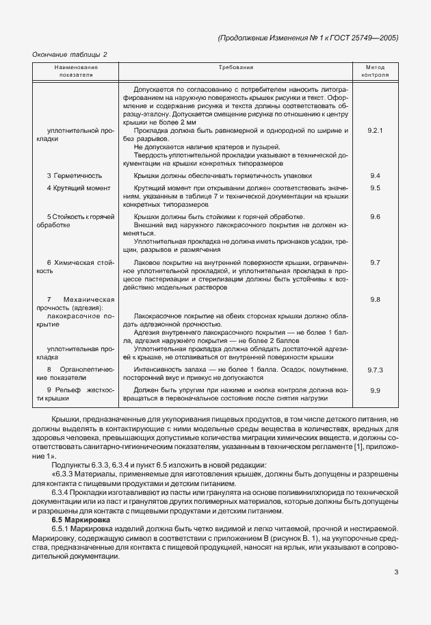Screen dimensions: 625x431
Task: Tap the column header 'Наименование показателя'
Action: [76, 72]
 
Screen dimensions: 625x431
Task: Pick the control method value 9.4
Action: [374, 176]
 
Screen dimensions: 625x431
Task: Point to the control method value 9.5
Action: [374, 188]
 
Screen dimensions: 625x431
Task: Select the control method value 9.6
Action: [374, 216]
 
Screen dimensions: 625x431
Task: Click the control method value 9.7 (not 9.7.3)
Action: [374, 262]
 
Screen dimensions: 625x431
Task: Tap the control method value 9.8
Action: [374, 300]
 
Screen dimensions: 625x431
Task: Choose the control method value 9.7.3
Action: [374, 369]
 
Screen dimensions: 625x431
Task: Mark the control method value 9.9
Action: [374, 390]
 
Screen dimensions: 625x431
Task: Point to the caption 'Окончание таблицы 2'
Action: [70, 53]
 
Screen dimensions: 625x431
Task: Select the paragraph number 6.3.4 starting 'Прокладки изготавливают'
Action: [63, 493]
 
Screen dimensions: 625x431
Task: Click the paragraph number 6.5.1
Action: [63, 530]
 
